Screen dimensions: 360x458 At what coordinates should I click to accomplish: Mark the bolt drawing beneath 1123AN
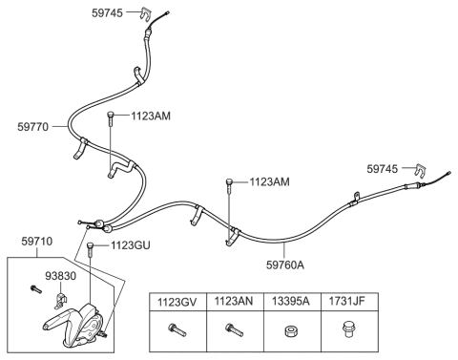232,331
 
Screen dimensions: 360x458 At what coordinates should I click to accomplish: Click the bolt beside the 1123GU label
91,251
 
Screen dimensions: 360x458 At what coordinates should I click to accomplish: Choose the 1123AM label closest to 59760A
270,180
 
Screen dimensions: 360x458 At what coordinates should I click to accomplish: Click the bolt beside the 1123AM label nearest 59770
111,119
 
